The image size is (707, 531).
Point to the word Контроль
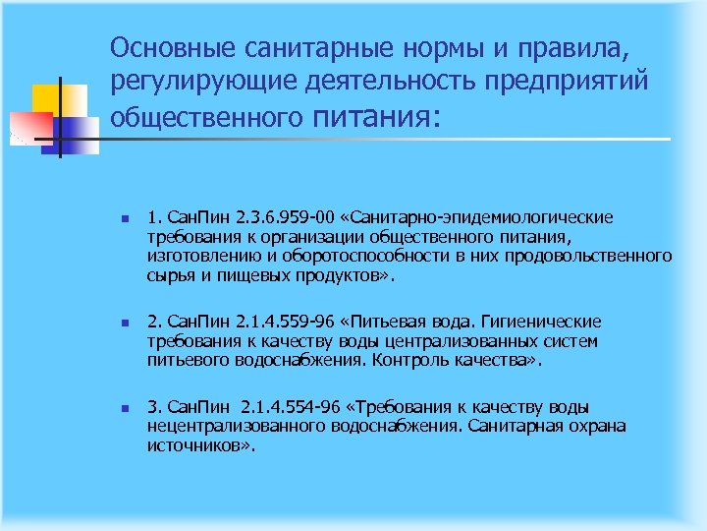coord(421,361)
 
